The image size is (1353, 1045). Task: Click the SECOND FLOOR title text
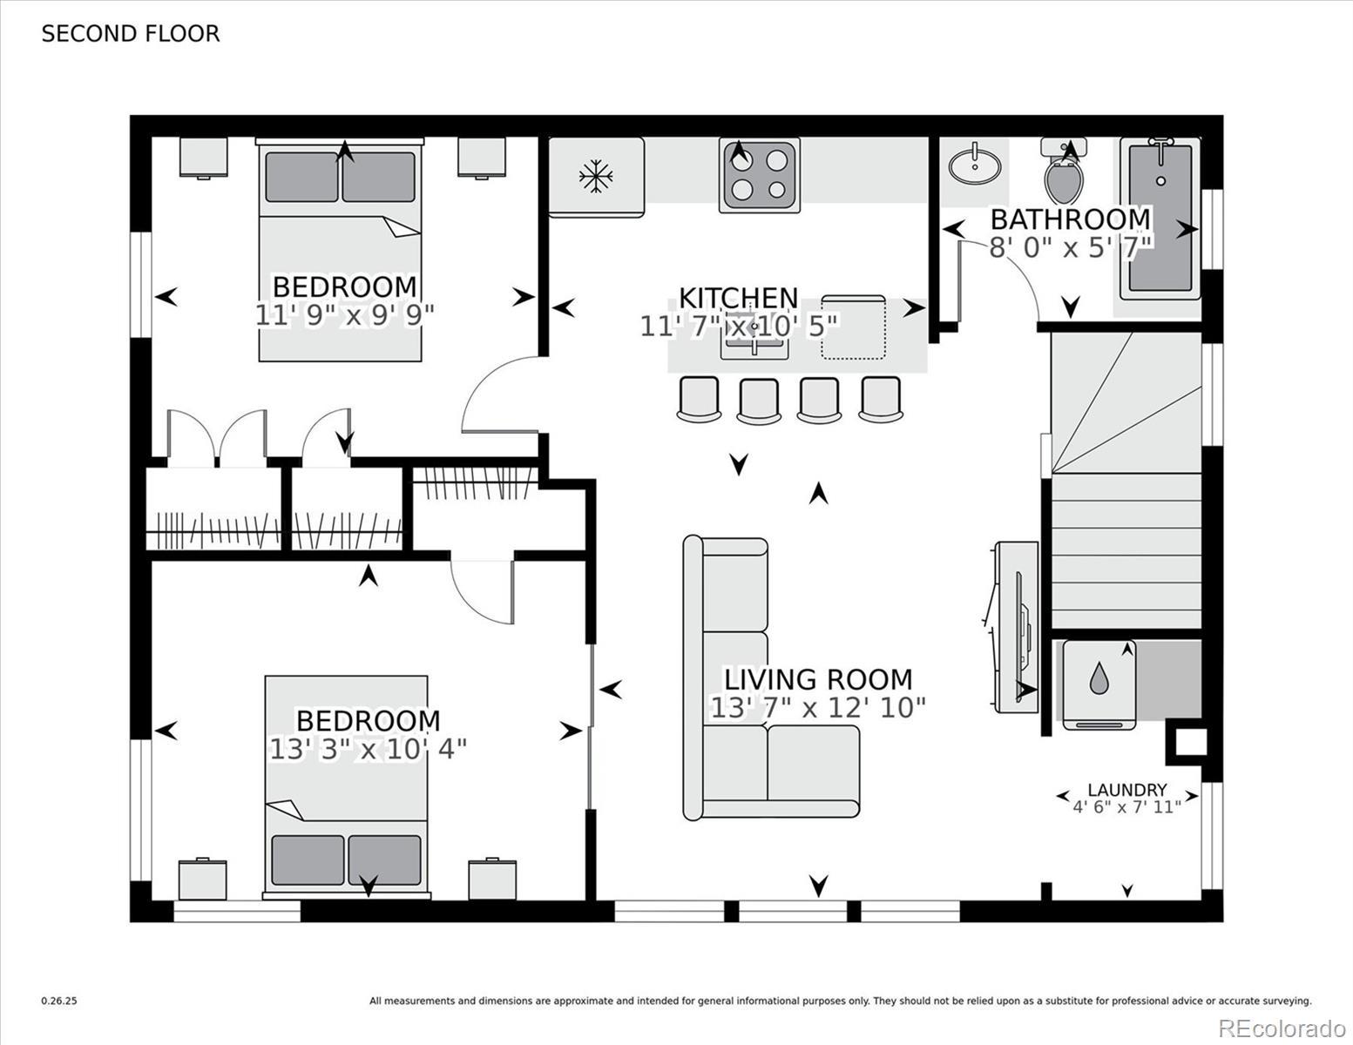pos(131,34)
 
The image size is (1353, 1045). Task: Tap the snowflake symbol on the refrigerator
pos(596,176)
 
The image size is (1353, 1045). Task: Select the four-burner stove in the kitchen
pos(759,175)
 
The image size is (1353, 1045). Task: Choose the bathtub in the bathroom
pos(1160,218)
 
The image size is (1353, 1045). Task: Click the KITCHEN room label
pos(739,298)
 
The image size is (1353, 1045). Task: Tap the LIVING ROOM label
pos(818,679)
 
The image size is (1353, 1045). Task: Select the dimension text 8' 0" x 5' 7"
pos(1071,247)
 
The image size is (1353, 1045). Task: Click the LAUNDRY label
pos(1127,790)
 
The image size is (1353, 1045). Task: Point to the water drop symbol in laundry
pos(1099,678)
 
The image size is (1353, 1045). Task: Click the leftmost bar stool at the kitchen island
pos(699,399)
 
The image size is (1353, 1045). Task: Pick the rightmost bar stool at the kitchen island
pos(881,399)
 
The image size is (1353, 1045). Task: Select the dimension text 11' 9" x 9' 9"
pos(344,315)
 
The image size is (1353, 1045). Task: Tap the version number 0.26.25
pos(59,1001)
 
